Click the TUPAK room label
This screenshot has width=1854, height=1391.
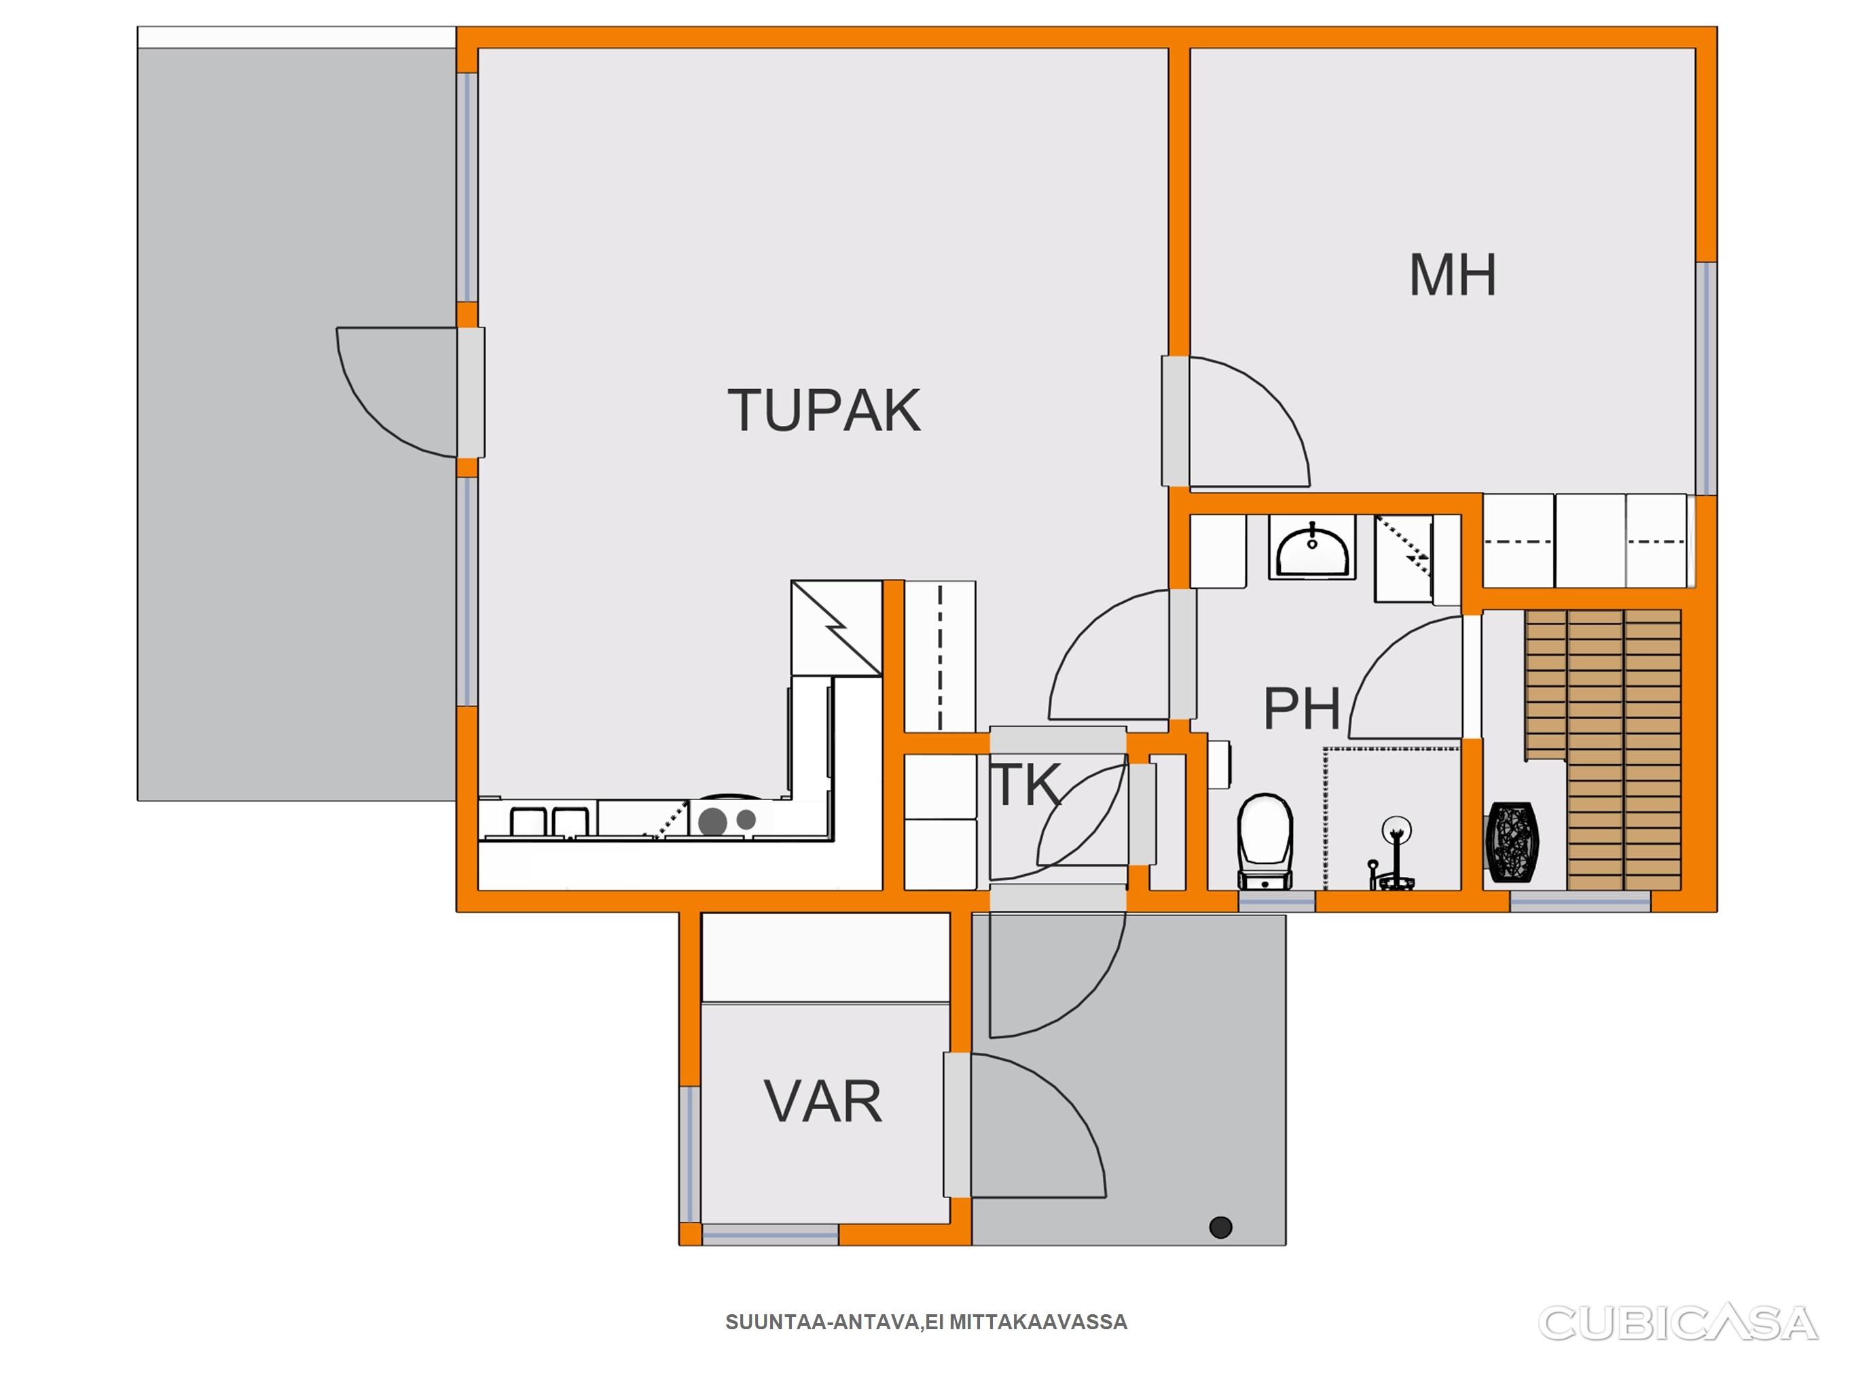click(824, 410)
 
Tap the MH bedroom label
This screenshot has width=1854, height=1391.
click(1453, 275)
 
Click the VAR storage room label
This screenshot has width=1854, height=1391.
click(823, 1102)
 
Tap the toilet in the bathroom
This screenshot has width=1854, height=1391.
click(1265, 841)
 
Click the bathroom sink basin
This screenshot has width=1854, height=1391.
click(1313, 547)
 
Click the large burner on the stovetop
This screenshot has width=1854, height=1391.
click(712, 821)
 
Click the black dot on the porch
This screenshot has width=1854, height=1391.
click(1221, 1227)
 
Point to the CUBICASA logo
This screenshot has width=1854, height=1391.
click(1679, 1323)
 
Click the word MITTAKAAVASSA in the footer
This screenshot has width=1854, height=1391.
click(1038, 1322)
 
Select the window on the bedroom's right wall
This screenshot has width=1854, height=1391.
click(1706, 378)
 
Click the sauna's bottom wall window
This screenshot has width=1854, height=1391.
click(1580, 901)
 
